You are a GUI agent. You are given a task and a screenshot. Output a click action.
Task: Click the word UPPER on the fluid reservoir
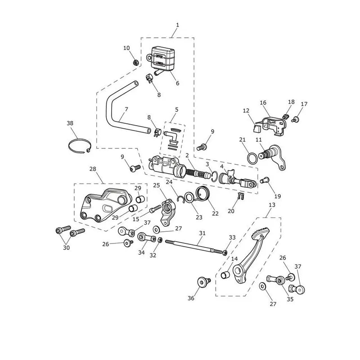159,56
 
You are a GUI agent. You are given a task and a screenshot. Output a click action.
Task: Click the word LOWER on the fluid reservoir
159,63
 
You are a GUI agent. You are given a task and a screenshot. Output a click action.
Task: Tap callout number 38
70,123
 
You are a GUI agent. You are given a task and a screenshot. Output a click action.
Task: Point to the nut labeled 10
136,62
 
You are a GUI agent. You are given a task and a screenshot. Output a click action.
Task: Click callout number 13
272,205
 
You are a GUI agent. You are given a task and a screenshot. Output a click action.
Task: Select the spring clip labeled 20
240,196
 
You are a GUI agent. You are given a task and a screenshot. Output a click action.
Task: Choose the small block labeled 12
256,128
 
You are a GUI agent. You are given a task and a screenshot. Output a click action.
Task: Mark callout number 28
93,169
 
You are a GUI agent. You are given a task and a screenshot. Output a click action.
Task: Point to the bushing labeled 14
225,275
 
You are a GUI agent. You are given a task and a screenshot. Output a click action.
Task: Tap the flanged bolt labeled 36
204,282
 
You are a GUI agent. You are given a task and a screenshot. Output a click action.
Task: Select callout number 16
263,103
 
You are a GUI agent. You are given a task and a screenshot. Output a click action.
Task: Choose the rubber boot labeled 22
202,193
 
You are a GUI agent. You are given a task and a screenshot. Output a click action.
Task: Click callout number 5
176,110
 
